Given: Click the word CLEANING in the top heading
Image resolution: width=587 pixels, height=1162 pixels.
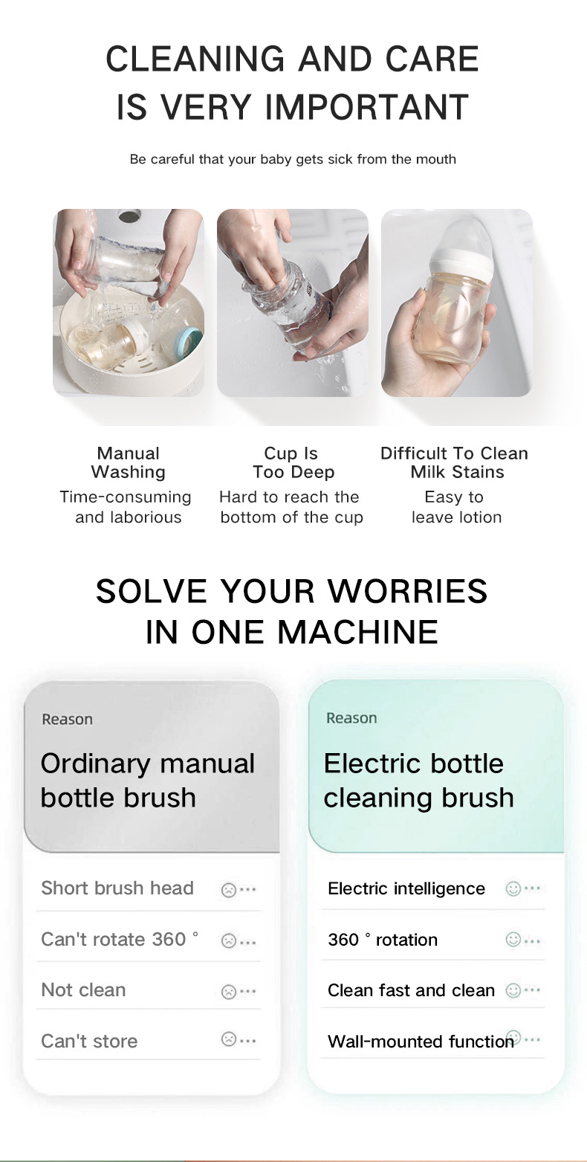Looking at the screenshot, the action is coord(195,59).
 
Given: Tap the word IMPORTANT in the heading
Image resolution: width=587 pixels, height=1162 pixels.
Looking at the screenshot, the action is coord(366,107).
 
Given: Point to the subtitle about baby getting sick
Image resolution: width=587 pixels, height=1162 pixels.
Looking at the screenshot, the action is coord(293,159).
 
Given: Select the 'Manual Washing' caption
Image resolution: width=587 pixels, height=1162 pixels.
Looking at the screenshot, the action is coord(128,462).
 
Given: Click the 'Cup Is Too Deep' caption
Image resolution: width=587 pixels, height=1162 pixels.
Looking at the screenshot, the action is coord(293,462).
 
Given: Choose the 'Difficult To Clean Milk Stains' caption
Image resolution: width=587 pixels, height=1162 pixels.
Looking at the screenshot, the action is coord(454,462).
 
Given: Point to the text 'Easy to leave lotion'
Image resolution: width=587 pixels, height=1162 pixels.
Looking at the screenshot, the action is coord(455,507).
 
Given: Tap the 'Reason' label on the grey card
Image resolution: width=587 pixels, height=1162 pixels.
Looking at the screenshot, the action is coord(68,720).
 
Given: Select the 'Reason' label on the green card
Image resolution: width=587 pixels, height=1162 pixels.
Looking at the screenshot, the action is coord(351,718).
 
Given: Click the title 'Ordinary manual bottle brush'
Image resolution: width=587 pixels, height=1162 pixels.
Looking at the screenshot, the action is coord(148,780).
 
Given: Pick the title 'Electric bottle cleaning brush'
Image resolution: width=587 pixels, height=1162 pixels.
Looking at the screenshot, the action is coord(419,780).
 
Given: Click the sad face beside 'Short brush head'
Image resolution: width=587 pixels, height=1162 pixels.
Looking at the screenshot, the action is coord(229,890).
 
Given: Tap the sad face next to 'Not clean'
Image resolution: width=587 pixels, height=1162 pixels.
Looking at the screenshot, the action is coord(229,992).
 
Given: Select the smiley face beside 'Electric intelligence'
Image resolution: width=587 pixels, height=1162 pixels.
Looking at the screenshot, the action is coord(513,889).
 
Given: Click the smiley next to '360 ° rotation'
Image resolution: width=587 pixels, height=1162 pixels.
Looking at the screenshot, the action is coord(513,940).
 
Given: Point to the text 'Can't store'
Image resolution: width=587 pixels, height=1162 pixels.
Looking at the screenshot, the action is coord(89,1041).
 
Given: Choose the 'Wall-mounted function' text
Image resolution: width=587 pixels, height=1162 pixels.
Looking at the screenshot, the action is coord(421,1041).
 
